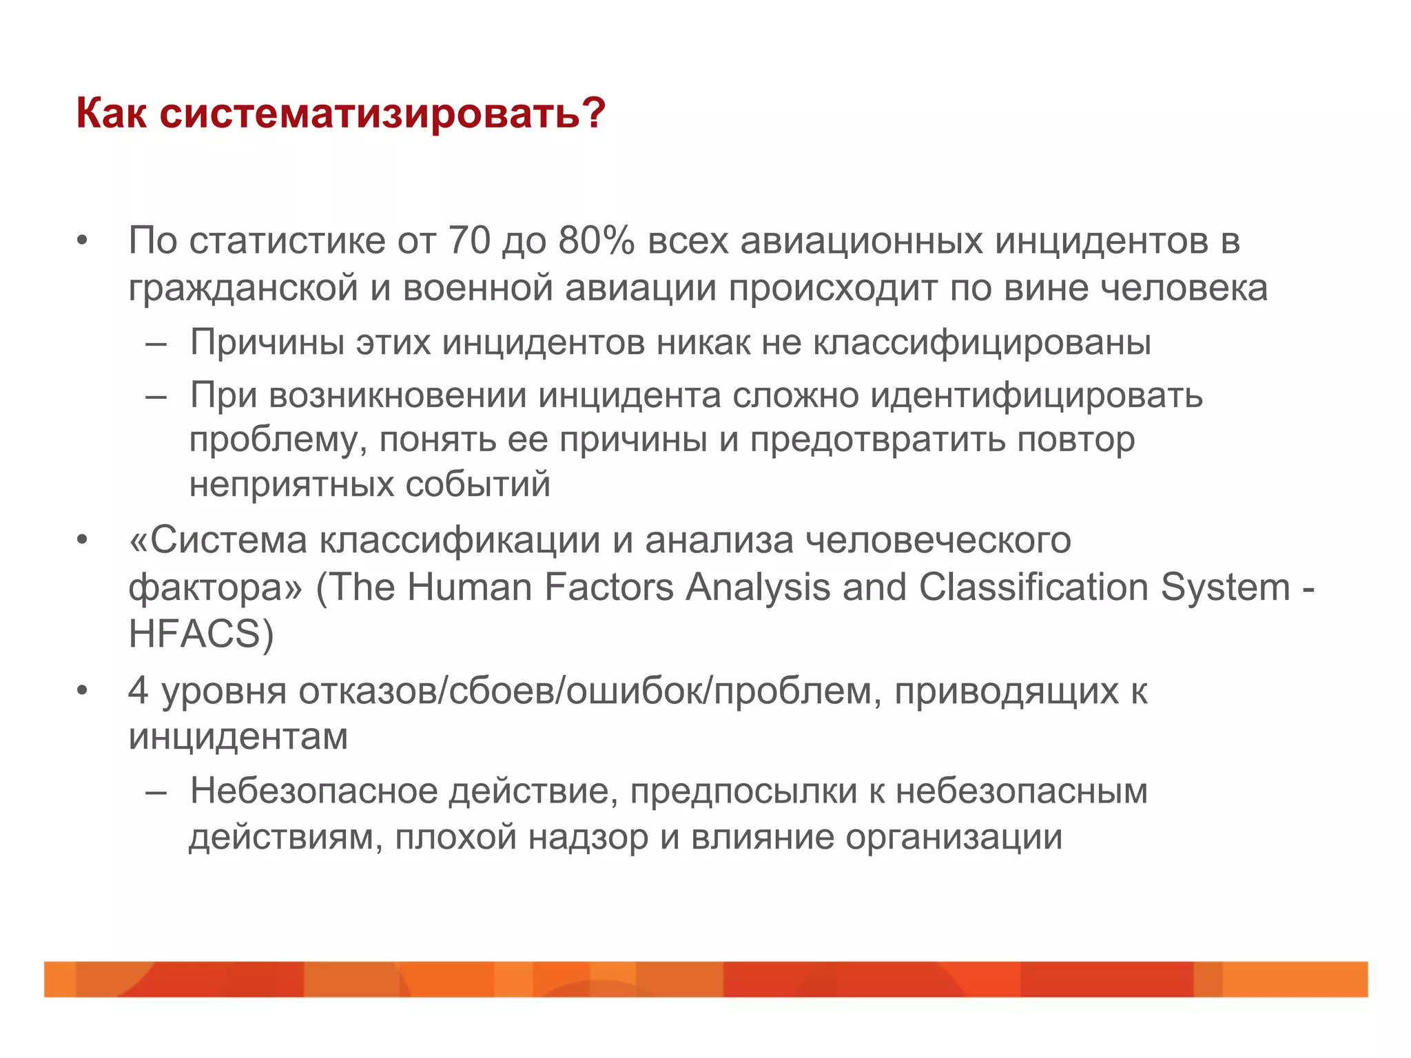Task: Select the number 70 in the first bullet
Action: click(x=469, y=241)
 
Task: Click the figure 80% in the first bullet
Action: click(x=597, y=241)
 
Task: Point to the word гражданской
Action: click(x=243, y=288)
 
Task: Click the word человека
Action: click(x=1184, y=288)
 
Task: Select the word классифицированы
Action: click(x=982, y=342)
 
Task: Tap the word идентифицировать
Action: click(x=1037, y=395)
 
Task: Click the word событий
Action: click(x=477, y=484)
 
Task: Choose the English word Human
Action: click(x=469, y=588)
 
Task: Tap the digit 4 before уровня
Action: click(x=138, y=690)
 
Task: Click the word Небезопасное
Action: click(x=313, y=791)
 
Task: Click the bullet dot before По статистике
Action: click(x=83, y=241)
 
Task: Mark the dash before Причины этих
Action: click(x=156, y=343)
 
